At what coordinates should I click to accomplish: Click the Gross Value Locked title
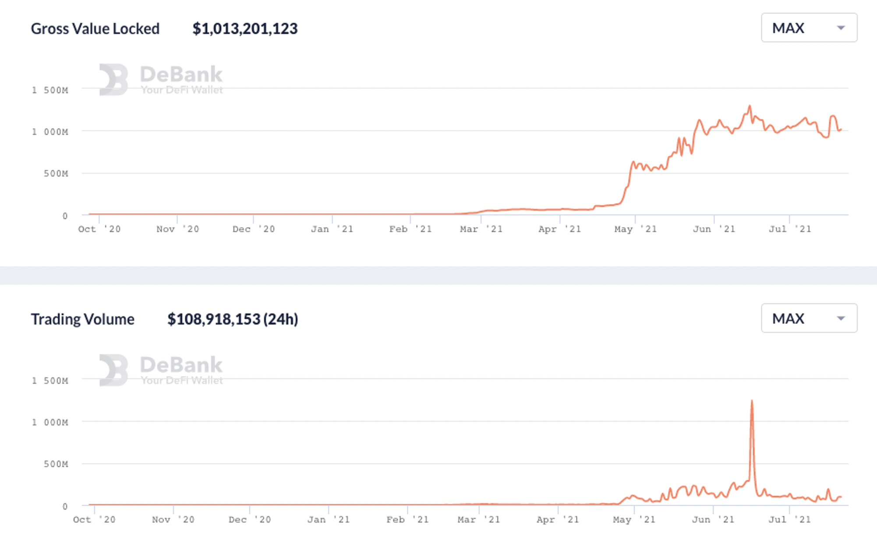click(x=95, y=29)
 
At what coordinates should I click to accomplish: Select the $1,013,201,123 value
click(x=245, y=29)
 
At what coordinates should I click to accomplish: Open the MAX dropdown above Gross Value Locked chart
click(x=809, y=28)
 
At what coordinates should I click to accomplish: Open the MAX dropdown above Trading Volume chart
click(x=809, y=318)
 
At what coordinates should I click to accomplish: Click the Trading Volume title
click(x=82, y=319)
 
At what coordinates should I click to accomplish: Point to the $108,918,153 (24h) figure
click(x=233, y=319)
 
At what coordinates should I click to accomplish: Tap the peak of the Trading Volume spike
click(x=752, y=401)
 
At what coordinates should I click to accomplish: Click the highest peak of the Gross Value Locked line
click(x=750, y=106)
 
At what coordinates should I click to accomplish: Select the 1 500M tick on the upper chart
click(x=50, y=90)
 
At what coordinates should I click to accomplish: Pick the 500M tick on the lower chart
click(x=56, y=464)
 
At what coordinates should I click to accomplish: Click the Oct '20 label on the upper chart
click(x=99, y=229)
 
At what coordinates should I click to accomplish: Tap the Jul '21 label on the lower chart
click(x=789, y=520)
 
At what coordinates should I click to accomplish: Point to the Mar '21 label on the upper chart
click(x=481, y=229)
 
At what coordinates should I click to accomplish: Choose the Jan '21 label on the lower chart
click(x=328, y=520)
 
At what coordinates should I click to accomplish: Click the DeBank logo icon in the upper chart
click(x=113, y=80)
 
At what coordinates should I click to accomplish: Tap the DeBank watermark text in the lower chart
click(x=181, y=365)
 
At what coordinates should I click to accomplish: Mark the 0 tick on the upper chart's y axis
click(x=65, y=216)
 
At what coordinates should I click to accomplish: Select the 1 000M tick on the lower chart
click(x=50, y=422)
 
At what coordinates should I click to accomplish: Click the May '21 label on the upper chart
click(x=635, y=229)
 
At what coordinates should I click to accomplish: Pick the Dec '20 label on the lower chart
click(x=250, y=520)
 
